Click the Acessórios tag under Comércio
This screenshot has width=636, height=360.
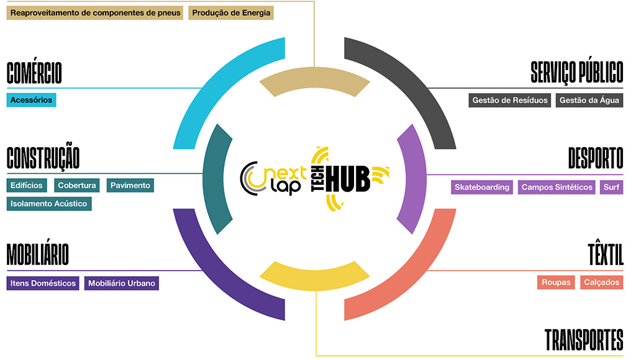point(31,100)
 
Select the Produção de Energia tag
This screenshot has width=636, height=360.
point(231,12)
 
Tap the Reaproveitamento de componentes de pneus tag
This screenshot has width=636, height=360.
point(95,12)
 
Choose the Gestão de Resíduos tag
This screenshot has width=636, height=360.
point(509,100)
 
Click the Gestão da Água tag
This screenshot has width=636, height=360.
point(589,100)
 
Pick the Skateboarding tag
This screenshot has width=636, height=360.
point(482,187)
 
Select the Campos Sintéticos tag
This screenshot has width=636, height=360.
point(556,187)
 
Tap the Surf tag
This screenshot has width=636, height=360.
point(611,187)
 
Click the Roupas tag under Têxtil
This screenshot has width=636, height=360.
point(556,282)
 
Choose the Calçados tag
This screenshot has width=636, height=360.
point(601,282)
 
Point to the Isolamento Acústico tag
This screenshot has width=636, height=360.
point(49,204)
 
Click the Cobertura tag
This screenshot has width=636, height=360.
point(76,185)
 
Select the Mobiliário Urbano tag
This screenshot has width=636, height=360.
point(122,284)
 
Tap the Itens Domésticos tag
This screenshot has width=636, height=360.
point(43,284)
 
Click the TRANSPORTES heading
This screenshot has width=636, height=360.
point(584,340)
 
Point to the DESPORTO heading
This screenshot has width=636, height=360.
point(596,158)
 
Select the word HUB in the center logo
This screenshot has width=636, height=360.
point(348,179)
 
